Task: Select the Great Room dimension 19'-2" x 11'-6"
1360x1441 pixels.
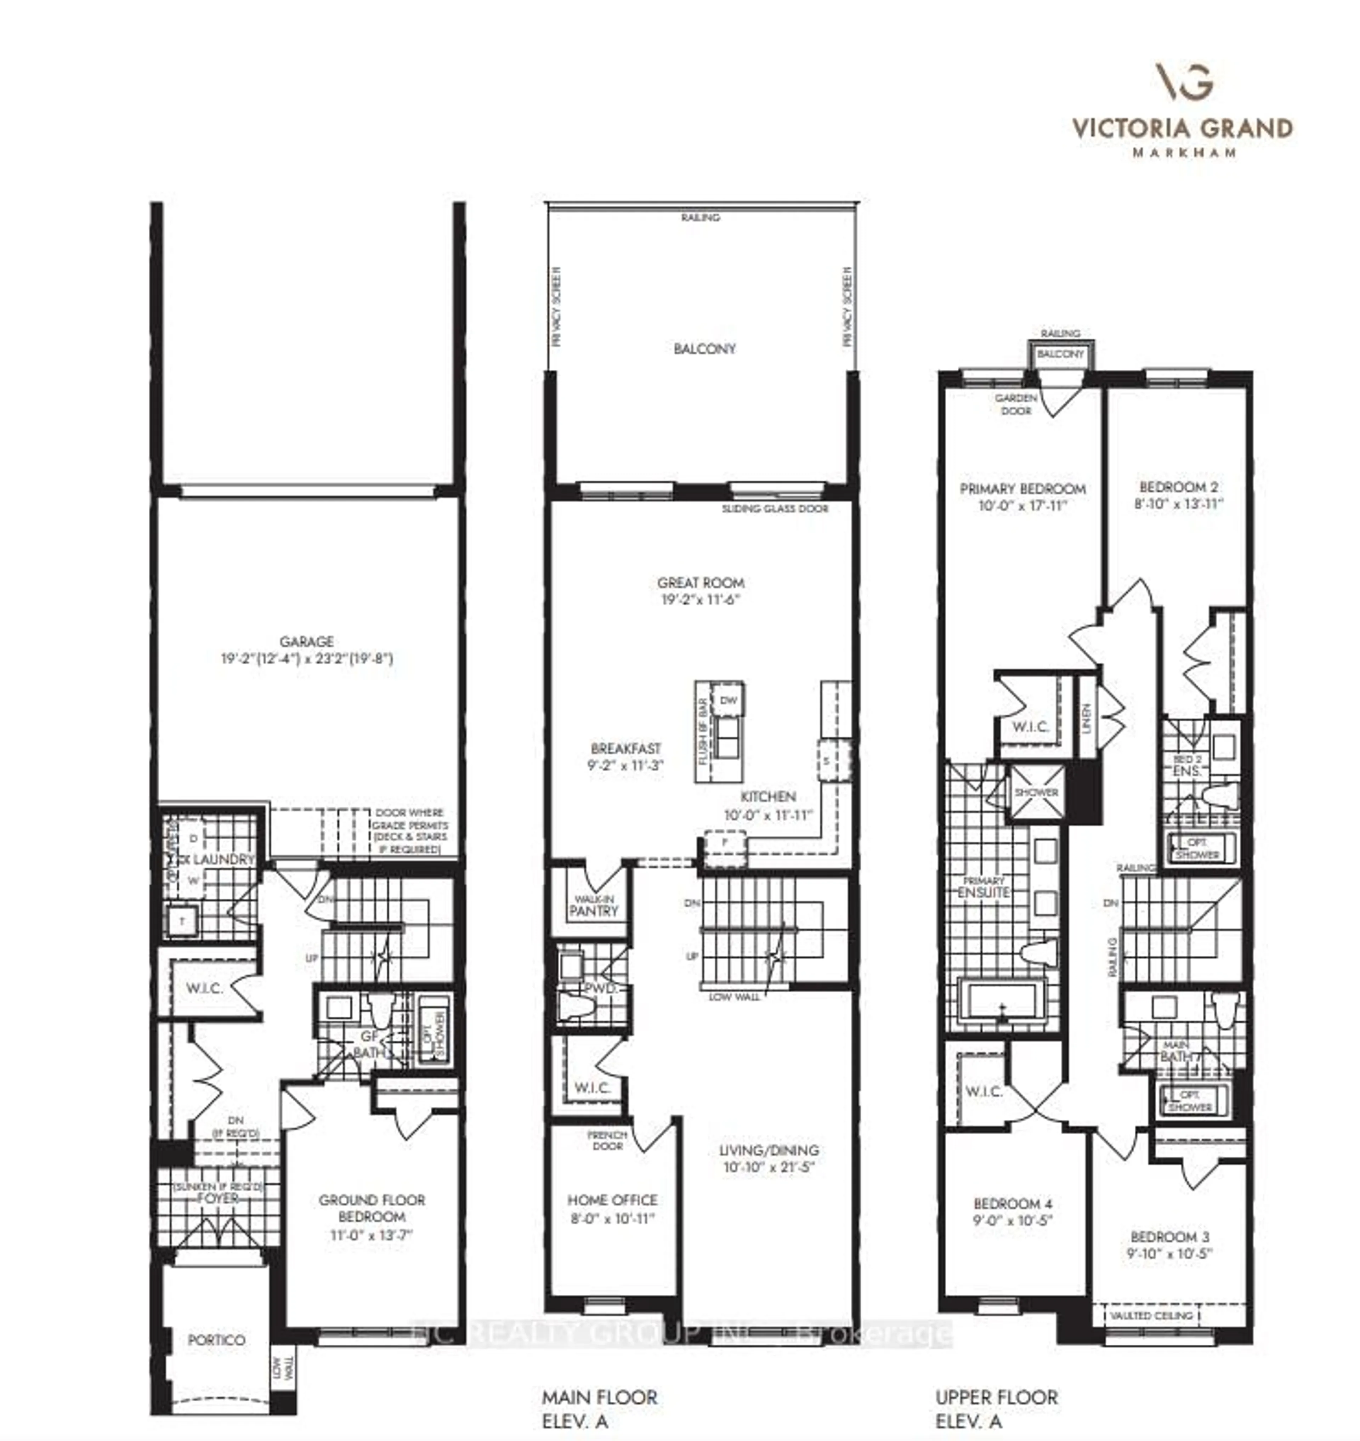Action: [x=700, y=600]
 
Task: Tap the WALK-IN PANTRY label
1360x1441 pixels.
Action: [x=593, y=906]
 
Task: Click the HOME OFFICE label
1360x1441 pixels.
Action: [x=612, y=1199]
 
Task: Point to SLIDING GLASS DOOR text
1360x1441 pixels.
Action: [x=774, y=509]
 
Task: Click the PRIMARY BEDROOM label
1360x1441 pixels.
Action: [x=1022, y=489]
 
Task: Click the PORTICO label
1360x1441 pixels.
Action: [x=216, y=1339]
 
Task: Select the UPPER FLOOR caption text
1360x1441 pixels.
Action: [x=996, y=1397]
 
